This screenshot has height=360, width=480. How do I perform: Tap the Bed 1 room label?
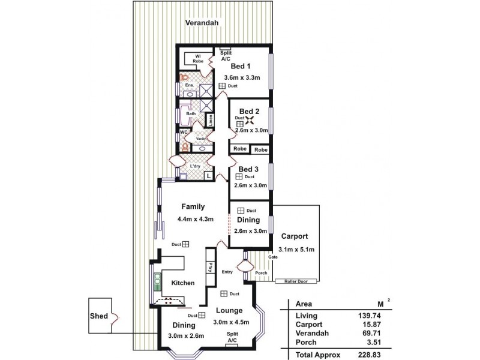pyautogui.click(x=241, y=66)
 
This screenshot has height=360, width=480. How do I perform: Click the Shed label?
pyautogui.click(x=99, y=316)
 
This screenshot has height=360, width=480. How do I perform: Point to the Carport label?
pyautogui.click(x=295, y=236)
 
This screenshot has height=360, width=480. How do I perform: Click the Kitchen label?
pyautogui.click(x=183, y=283)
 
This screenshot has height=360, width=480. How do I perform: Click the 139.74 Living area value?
pyautogui.click(x=368, y=315)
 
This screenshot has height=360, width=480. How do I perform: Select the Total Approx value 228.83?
pyautogui.click(x=368, y=355)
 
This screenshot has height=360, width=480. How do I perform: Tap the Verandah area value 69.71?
pyautogui.click(x=370, y=334)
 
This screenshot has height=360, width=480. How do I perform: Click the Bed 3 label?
pyautogui.click(x=249, y=169)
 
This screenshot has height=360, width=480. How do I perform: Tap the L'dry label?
pyautogui.click(x=195, y=166)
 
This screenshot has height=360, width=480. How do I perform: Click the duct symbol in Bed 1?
pyautogui.click(x=222, y=86)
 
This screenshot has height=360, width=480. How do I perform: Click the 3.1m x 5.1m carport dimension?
pyautogui.click(x=296, y=249)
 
